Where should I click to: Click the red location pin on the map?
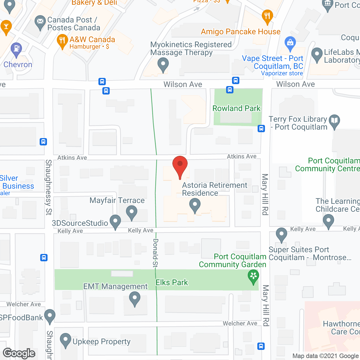click(x=180, y=166)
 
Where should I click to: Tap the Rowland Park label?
click(x=236, y=108)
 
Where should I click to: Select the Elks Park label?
click(x=172, y=282)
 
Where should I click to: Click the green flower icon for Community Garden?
click(x=253, y=276)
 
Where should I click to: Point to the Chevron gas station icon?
click(x=16, y=49)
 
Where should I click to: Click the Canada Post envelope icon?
click(x=40, y=22)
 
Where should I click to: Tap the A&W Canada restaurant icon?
click(x=62, y=41)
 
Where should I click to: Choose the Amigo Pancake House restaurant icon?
click(x=267, y=16)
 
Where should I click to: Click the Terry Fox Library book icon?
click(x=334, y=121)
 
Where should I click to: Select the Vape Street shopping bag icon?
click(x=290, y=43)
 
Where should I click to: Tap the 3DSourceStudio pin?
click(x=115, y=221)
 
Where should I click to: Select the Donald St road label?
click(x=155, y=253)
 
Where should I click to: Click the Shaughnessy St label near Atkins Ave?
click(x=49, y=187)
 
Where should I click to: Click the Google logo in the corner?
click(x=19, y=353)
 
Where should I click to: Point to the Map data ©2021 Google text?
click(x=326, y=356)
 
